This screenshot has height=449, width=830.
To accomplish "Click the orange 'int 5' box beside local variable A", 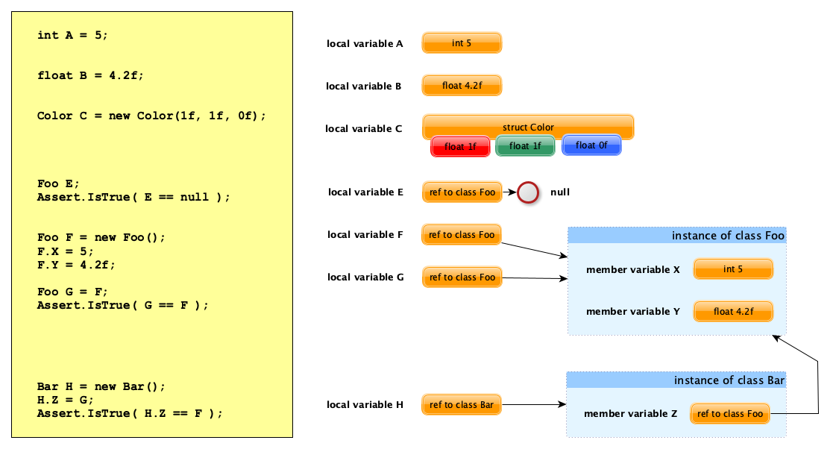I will click(x=462, y=43).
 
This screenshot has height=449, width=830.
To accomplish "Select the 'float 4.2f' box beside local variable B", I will click(x=462, y=86).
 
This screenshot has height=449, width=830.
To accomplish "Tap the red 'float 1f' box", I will click(x=460, y=146).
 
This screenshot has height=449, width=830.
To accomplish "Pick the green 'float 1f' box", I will click(x=525, y=146).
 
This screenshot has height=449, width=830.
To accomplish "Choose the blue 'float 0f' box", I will click(x=591, y=145).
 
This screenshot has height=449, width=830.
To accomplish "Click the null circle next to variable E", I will click(x=528, y=192).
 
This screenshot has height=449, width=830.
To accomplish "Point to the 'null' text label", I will click(x=560, y=192).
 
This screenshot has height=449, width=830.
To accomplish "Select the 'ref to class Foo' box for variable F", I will click(x=462, y=235).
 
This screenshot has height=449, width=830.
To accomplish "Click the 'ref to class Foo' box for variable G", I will click(x=462, y=277).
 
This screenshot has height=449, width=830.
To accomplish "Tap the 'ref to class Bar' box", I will click(x=462, y=405).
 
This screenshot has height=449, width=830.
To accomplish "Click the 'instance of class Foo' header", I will click(x=677, y=236).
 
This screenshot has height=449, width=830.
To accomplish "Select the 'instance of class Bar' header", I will click(x=676, y=380).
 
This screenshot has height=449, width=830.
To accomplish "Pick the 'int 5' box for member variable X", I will click(x=733, y=269).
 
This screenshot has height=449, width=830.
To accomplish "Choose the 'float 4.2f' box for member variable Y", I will click(x=733, y=312).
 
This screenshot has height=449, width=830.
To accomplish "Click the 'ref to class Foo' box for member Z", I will click(x=730, y=414).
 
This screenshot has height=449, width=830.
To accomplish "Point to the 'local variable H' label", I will click(x=365, y=405).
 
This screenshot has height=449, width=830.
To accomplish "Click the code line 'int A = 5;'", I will click(x=72, y=35).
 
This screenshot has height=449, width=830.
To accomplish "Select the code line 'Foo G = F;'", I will click(x=72, y=292).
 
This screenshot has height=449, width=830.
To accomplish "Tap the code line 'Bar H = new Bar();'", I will click(x=101, y=386).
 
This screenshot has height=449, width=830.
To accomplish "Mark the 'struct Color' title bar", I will click(x=528, y=127).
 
